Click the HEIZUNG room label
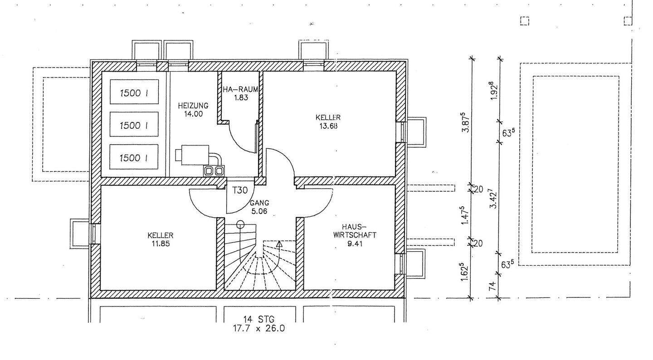click(x=190, y=105)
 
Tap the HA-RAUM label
click(x=240, y=89)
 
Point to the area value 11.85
click(x=160, y=243)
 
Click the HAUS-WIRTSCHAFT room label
click(x=354, y=231)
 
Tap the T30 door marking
click(x=240, y=190)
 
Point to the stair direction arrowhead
click(x=279, y=244)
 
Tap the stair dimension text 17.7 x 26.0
click(x=259, y=329)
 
